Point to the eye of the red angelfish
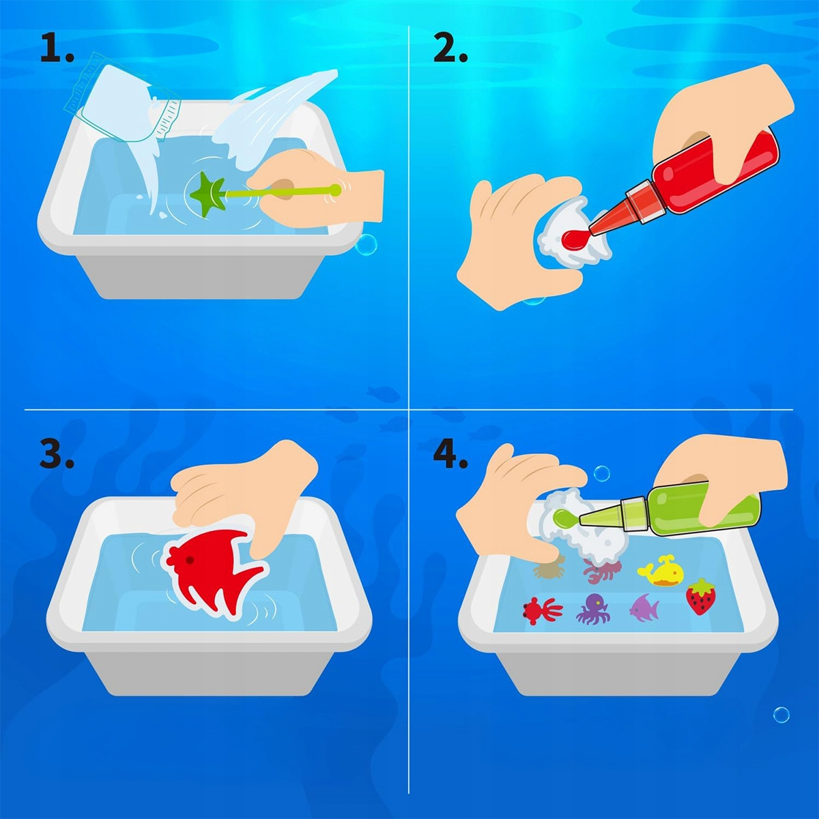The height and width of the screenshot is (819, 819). pos(190,560)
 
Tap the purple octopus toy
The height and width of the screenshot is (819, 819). pos(593,609)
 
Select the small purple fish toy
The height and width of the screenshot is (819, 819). pos(644,607)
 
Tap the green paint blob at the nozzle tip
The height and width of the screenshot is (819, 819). pos(567,517)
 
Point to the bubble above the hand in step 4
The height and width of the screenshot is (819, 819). pos(602,473)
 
